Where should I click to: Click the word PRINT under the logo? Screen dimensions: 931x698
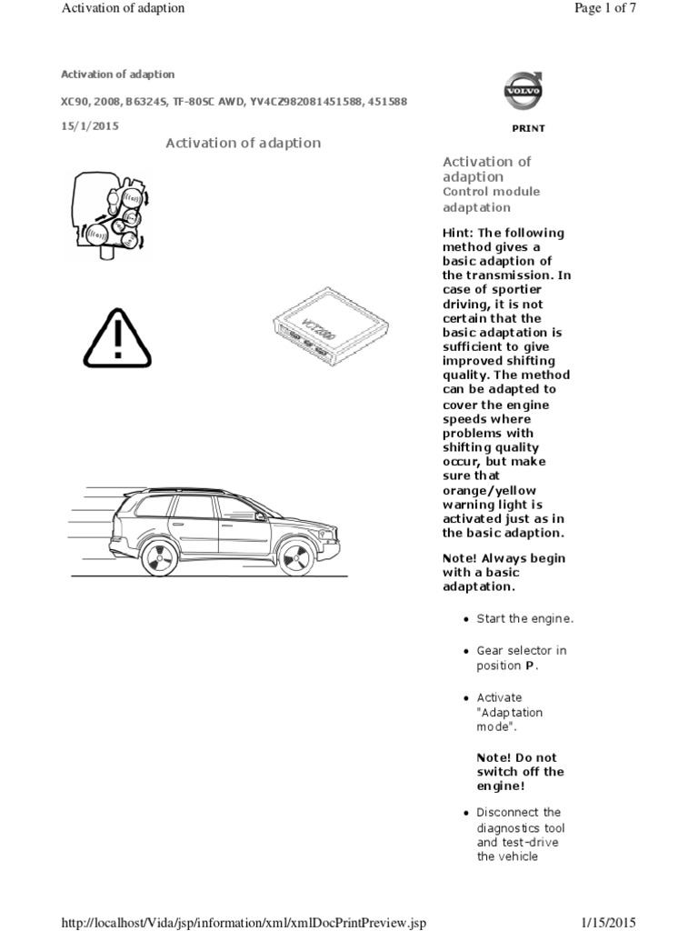coord(528,128)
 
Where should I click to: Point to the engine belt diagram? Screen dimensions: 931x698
coord(110,215)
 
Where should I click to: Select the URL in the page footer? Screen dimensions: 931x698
coord(243,924)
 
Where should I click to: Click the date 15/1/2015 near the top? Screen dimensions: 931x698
coord(89,125)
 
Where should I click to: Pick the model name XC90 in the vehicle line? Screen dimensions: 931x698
coord(75,101)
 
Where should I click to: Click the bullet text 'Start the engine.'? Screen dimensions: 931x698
coord(525,619)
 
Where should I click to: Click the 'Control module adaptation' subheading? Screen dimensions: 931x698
coord(491,200)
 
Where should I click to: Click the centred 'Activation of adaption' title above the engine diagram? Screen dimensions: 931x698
coord(243,143)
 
